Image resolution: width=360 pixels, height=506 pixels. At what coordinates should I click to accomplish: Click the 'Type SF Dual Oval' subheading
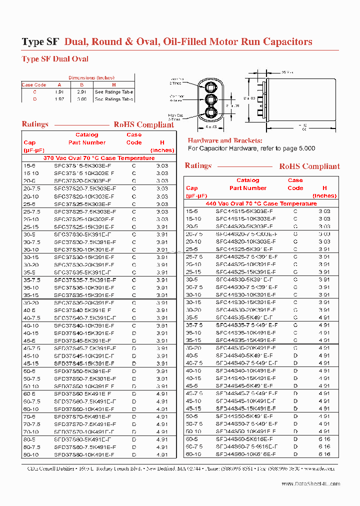(x=55, y=59)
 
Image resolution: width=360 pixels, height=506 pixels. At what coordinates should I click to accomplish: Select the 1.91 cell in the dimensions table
(x=59, y=92)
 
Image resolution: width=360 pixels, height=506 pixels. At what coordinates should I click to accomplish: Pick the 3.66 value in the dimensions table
(x=81, y=99)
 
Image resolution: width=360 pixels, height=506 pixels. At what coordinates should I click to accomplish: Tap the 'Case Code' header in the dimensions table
(x=34, y=85)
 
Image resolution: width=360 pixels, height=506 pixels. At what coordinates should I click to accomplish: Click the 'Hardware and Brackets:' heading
(x=224, y=141)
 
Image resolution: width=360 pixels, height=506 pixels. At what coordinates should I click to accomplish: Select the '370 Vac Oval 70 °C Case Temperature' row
(x=98, y=158)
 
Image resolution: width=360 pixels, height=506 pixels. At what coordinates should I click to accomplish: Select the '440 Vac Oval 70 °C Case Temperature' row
(x=261, y=203)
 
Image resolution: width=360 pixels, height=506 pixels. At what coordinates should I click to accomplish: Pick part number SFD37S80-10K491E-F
(x=84, y=455)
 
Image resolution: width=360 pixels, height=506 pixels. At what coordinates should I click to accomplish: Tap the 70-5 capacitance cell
(x=29, y=416)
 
